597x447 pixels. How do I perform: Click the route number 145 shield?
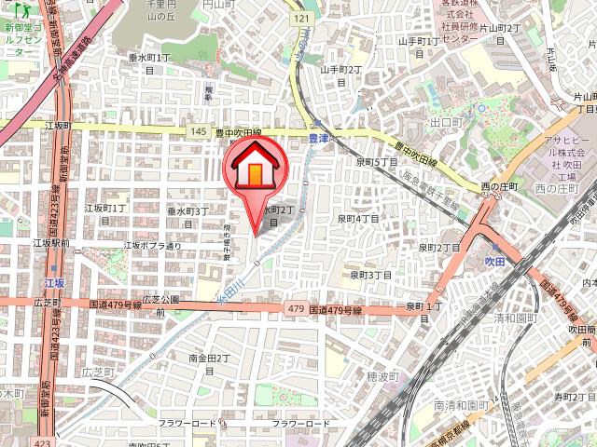(x=197, y=132)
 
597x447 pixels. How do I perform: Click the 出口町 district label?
(x=447, y=122)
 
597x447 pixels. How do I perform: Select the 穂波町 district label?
(x=382, y=377)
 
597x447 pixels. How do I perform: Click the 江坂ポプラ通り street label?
(x=152, y=247)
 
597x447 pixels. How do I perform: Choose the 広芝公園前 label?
(x=160, y=305)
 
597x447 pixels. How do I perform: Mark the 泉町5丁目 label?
(x=376, y=162)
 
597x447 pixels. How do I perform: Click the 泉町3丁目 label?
(x=369, y=275)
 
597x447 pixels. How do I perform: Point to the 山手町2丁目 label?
(x=340, y=75)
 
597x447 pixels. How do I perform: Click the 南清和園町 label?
(x=461, y=406)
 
